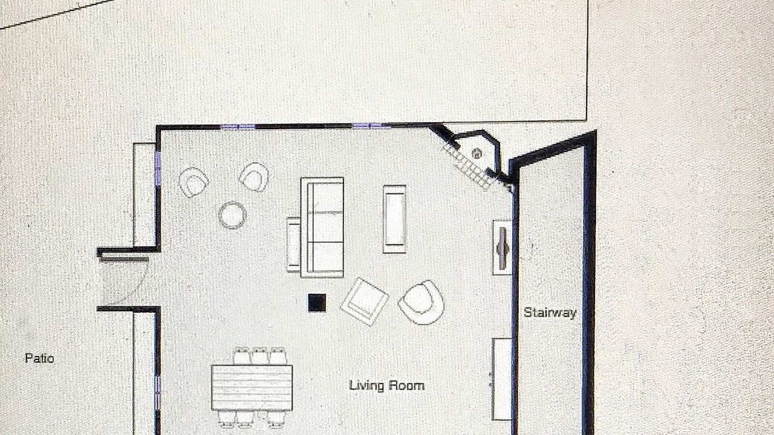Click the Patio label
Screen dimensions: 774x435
[x=39, y=358]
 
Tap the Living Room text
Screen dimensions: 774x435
[x=386, y=385]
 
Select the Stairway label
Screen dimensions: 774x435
[x=550, y=312]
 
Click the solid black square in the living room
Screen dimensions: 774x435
[x=317, y=303]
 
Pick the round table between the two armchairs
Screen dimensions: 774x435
[x=232, y=215]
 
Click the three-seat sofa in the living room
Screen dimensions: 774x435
[x=322, y=228]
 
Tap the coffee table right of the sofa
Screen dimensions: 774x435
[x=394, y=219]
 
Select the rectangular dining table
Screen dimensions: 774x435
[x=252, y=387]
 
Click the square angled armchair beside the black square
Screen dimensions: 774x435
[x=365, y=301]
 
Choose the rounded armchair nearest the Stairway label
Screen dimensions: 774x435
[x=421, y=303]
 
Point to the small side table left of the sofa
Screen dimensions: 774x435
[x=293, y=245]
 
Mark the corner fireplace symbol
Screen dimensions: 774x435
[x=477, y=153]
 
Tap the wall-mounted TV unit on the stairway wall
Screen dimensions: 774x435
[x=502, y=248]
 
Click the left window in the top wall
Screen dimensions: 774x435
[x=238, y=127]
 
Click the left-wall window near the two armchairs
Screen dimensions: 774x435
[x=158, y=169]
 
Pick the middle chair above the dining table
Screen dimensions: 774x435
[x=259, y=356]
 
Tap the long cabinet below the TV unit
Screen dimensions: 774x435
[x=502, y=379]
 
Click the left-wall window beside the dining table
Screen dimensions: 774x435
[x=158, y=393]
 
